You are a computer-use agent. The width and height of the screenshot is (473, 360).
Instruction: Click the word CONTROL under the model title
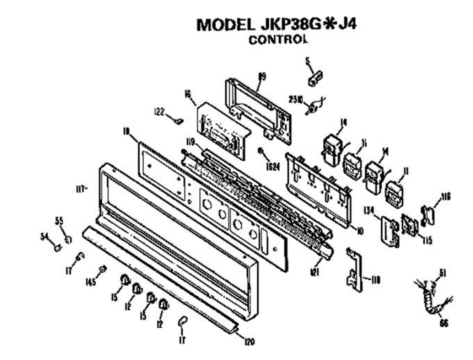coord(278,39)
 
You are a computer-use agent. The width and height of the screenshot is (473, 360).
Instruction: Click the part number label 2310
coord(295,100)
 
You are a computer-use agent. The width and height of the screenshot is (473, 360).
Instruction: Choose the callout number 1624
coord(272,167)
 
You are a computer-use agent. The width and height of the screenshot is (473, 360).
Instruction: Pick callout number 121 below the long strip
coord(314,271)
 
